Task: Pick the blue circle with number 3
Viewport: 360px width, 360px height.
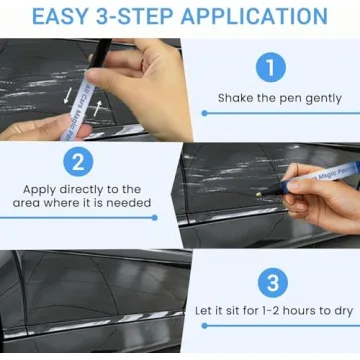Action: coord(270,280)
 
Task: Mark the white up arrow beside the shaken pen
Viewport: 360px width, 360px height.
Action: coord(98,108)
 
